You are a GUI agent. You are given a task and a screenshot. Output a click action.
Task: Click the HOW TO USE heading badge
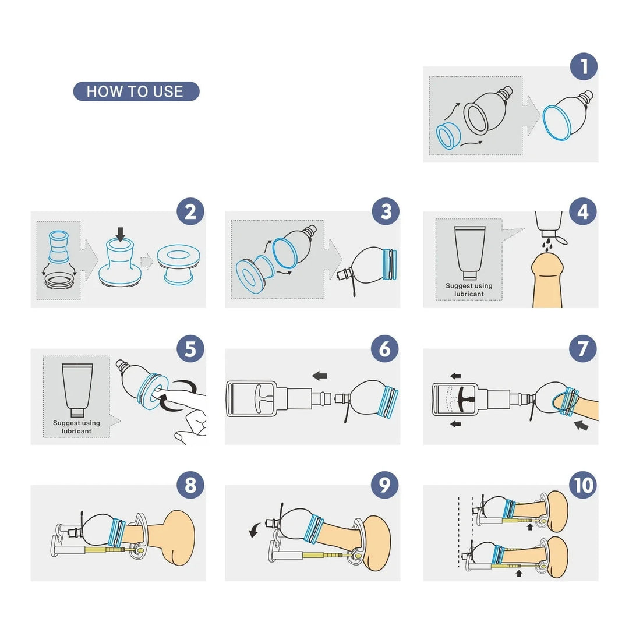pyautogui.click(x=136, y=91)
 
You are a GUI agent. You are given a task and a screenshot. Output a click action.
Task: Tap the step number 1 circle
pyautogui.click(x=583, y=66)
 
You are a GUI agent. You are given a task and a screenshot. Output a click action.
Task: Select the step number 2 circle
pyautogui.click(x=190, y=211)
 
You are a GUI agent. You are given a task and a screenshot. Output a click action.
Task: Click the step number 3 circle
pyautogui.click(x=386, y=211)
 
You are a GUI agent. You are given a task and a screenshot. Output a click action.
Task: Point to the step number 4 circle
pyautogui.click(x=583, y=211)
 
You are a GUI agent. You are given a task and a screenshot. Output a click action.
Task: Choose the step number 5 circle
pyautogui.click(x=190, y=349)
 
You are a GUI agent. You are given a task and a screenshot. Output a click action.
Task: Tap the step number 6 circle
pyautogui.click(x=386, y=349)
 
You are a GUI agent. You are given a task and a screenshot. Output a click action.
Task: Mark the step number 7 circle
pyautogui.click(x=583, y=349)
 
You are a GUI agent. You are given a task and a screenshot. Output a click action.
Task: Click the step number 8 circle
pyautogui.click(x=190, y=485)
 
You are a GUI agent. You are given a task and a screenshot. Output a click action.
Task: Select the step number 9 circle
pyautogui.click(x=386, y=485)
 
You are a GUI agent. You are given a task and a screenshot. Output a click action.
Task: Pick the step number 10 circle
pyautogui.click(x=583, y=485)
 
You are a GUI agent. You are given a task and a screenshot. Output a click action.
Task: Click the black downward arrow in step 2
pyautogui.click(x=121, y=234)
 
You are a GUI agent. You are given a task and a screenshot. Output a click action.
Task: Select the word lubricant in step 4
pyautogui.click(x=469, y=294)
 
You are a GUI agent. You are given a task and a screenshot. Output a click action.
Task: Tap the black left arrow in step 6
pyautogui.click(x=319, y=375)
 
